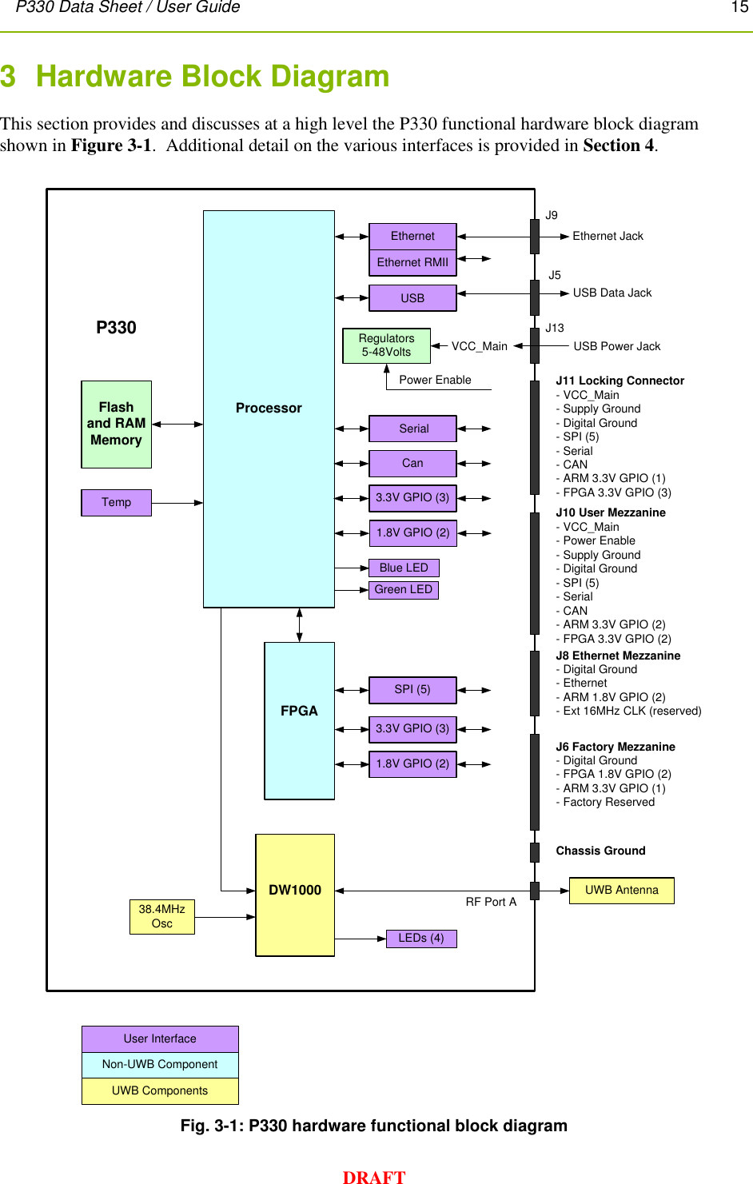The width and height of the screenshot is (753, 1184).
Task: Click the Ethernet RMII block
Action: click(412, 262)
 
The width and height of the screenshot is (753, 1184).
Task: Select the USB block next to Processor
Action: click(412, 298)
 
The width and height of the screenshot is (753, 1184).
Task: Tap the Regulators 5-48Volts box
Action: click(386, 345)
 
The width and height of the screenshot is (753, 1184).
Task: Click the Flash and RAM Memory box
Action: click(116, 424)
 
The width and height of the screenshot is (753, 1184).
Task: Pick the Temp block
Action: click(116, 502)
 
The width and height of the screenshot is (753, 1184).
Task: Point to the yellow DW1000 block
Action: click(295, 894)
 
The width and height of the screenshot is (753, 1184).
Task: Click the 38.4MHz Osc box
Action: click(161, 916)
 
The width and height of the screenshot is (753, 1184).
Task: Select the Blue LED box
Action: click(404, 568)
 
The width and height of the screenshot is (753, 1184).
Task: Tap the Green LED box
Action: click(404, 589)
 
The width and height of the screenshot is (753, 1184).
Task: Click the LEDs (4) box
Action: click(420, 938)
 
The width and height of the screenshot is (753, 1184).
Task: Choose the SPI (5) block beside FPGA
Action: click(412, 689)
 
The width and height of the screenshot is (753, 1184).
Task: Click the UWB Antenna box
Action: click(621, 890)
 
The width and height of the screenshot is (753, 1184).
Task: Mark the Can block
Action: click(412, 463)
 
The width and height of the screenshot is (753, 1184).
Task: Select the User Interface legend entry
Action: click(160, 1038)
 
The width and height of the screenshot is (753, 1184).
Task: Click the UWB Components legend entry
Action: click(160, 1090)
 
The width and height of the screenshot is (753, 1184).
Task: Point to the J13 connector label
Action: click(555, 328)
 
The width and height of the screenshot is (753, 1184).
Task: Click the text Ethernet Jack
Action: click(608, 236)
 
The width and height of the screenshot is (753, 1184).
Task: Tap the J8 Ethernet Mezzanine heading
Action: click(618, 656)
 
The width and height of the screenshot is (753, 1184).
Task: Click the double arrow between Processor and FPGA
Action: click(300, 624)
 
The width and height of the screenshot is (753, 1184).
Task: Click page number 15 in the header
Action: click(739, 7)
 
